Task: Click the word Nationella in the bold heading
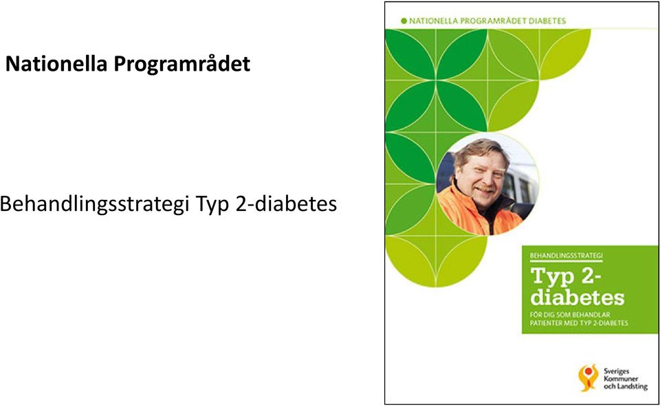click(x=56, y=64)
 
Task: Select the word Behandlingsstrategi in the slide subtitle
click(x=94, y=205)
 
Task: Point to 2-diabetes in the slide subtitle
click(x=286, y=204)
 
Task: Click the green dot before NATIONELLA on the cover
click(x=404, y=21)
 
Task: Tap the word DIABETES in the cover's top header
click(x=547, y=21)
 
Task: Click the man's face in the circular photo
click(x=483, y=172)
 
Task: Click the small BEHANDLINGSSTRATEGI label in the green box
click(x=566, y=256)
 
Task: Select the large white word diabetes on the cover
click(x=577, y=297)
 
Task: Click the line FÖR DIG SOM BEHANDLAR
click(x=570, y=314)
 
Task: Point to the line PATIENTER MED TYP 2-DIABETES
click(x=579, y=323)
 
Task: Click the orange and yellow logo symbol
click(x=589, y=377)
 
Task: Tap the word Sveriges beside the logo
click(x=616, y=371)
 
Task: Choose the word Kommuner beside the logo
click(x=621, y=379)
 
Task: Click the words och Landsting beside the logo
click(x=626, y=386)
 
